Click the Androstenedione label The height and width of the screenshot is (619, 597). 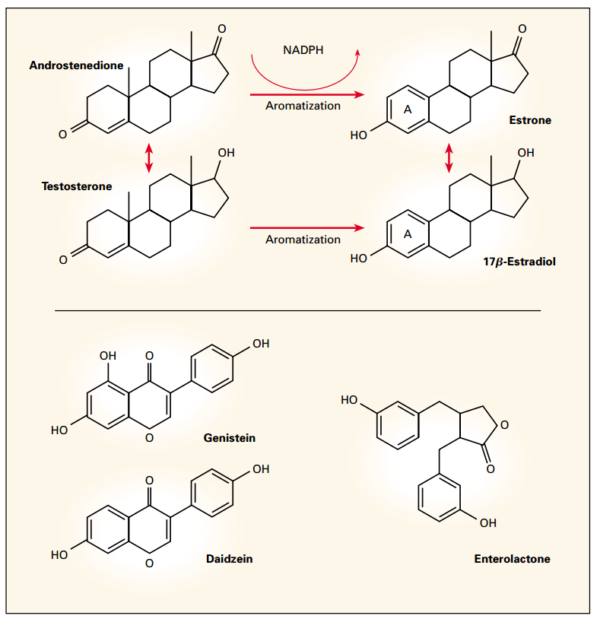[76, 66]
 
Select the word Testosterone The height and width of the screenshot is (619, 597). [76, 186]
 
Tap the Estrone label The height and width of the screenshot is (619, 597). [530, 120]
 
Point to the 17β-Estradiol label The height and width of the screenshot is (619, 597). [517, 261]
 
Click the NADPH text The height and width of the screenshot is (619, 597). [303, 50]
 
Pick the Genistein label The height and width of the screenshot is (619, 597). [230, 438]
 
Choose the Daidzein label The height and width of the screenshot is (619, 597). [229, 559]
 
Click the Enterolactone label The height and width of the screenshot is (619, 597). [512, 559]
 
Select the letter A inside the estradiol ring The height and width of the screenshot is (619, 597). [407, 234]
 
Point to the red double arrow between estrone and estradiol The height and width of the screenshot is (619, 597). [449, 157]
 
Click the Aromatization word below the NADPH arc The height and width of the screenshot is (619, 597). [303, 106]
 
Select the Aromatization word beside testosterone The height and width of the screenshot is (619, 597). [303, 240]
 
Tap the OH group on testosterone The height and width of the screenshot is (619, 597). [226, 153]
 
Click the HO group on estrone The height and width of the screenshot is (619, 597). [359, 135]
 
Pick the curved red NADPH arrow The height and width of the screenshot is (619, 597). [304, 76]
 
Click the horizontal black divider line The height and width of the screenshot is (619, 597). [298, 310]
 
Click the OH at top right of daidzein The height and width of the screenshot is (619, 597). [261, 469]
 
